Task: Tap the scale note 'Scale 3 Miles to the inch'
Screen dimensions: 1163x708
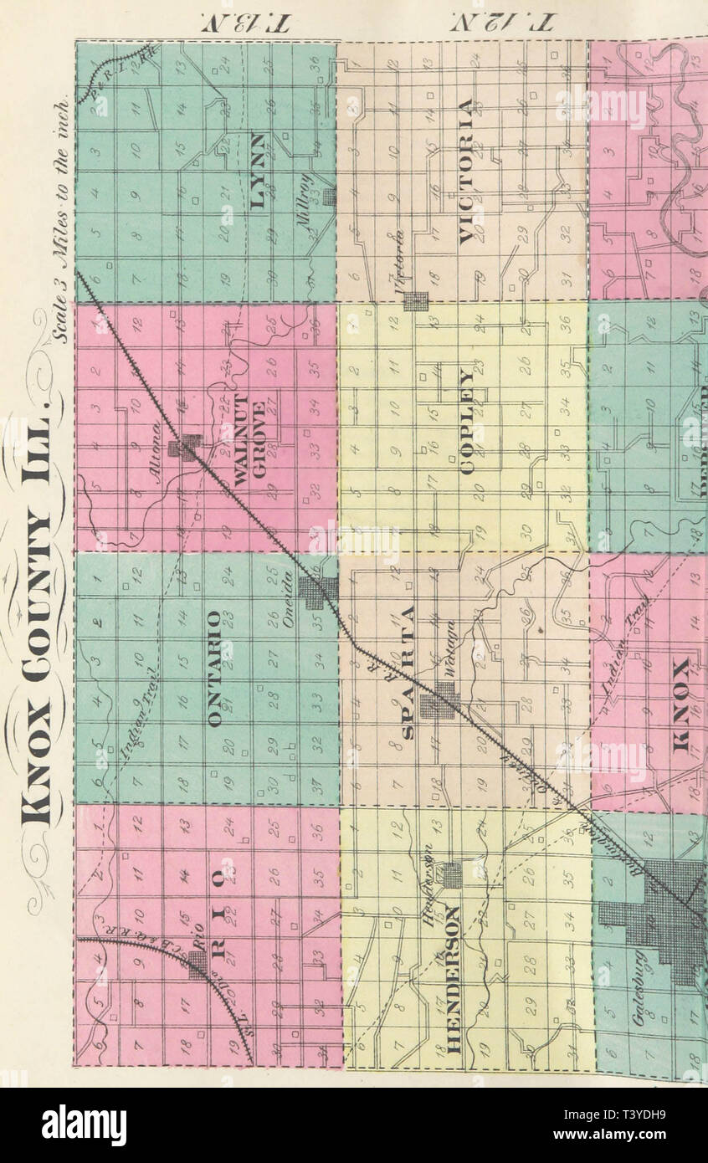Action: pyautogui.click(x=59, y=221)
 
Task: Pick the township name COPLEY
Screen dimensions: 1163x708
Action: pyautogui.click(x=466, y=433)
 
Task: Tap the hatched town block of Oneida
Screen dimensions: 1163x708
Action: pyautogui.click(x=319, y=592)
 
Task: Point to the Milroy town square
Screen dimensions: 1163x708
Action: pyautogui.click(x=330, y=196)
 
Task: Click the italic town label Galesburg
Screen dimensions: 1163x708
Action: pyautogui.click(x=640, y=988)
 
